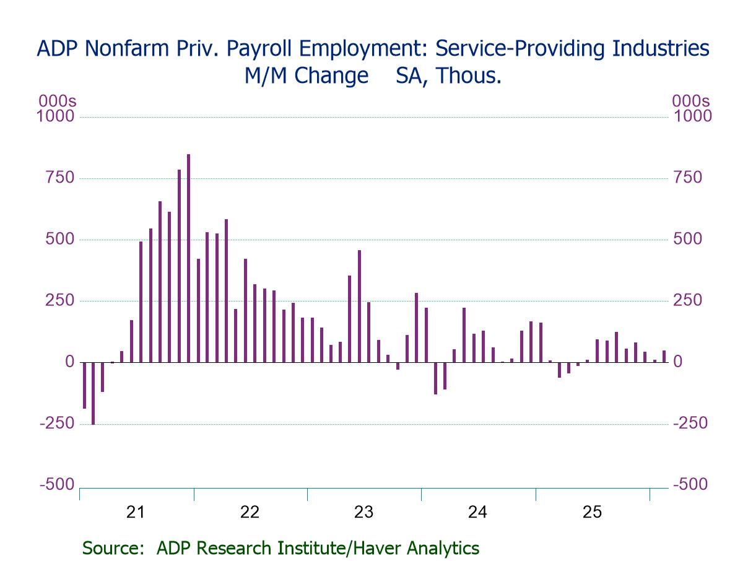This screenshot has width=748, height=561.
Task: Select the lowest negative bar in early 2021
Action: click(93, 393)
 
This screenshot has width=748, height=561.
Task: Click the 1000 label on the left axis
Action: click(56, 116)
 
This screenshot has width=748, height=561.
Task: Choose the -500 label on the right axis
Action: click(690, 484)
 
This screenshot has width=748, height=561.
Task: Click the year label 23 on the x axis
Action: click(363, 512)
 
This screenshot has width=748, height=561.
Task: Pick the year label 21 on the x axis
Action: click(135, 512)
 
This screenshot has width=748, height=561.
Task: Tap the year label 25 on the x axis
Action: click(591, 512)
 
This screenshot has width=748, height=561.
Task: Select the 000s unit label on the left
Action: click(57, 101)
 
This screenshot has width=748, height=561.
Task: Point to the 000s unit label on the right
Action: click(691, 101)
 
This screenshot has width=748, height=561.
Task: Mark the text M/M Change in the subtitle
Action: click(297, 76)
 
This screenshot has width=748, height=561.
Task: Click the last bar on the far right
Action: click(664, 357)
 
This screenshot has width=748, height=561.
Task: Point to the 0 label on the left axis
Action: click(70, 362)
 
